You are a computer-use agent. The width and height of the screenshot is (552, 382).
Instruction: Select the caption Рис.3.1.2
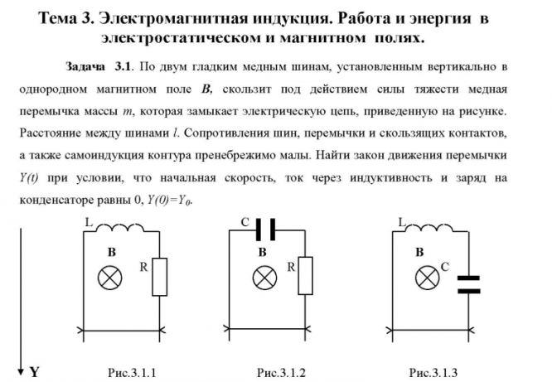click(x=282, y=372)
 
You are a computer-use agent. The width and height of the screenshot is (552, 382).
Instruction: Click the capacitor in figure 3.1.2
click(x=265, y=228)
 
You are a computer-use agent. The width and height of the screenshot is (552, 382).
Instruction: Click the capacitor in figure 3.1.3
click(x=468, y=284)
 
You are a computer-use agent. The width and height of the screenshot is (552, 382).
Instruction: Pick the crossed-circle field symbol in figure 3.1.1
click(x=109, y=276)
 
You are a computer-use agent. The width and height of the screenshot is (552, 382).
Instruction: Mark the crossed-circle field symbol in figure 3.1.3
click(x=426, y=276)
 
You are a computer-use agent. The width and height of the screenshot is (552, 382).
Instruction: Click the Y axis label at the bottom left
click(x=35, y=372)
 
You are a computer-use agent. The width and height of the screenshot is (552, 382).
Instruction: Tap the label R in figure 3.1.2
click(x=291, y=267)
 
